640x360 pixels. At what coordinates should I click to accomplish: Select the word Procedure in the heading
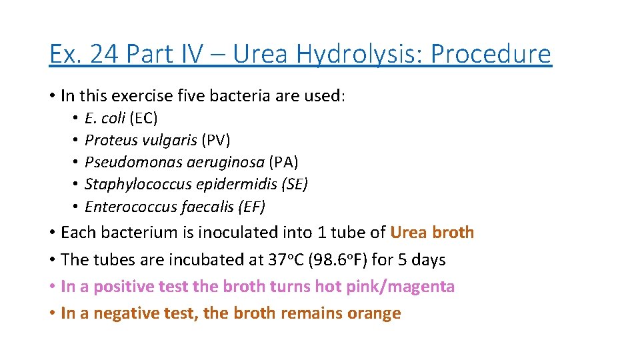pos(491,55)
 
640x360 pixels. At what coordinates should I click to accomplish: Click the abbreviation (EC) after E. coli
pos(144,119)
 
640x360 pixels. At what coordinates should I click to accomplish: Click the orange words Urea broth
pos(432,233)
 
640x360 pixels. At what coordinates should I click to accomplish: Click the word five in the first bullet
pos(194,95)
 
